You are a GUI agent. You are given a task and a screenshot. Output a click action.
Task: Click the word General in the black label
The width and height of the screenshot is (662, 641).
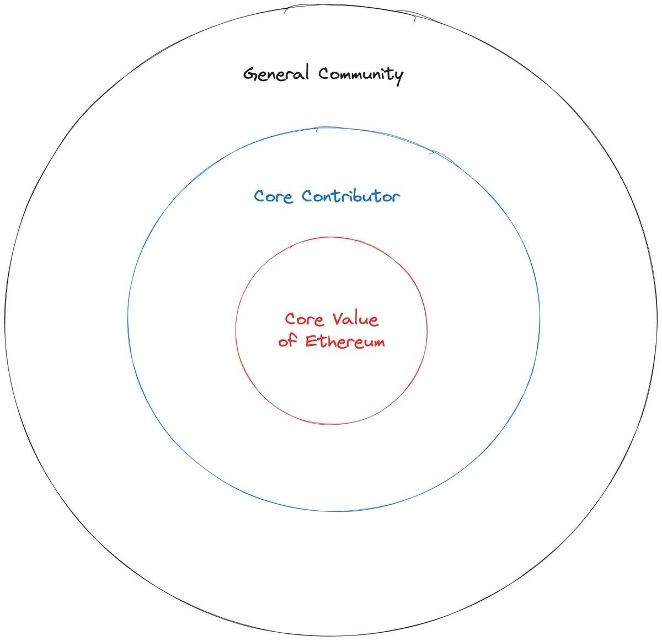(276, 73)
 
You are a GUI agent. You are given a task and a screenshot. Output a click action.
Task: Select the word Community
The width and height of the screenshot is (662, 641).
(361, 75)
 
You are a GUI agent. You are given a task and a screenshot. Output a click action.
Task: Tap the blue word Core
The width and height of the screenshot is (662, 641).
(273, 196)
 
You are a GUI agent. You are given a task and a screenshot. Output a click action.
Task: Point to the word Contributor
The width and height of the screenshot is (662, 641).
(351, 196)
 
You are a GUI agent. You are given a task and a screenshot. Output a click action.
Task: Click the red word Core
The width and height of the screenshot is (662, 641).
(304, 319)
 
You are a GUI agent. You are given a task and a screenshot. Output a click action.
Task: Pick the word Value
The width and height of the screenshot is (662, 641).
(355, 319)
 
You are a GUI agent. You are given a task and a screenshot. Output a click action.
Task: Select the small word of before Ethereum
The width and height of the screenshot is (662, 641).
(287, 340)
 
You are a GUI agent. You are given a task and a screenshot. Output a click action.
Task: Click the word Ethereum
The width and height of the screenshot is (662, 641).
(345, 341)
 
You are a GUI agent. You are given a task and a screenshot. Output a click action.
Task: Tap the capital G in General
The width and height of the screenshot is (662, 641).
(250, 74)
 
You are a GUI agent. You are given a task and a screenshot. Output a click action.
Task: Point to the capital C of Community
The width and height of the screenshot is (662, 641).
(324, 73)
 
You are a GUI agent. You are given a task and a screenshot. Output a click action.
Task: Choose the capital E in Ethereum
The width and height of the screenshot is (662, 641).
(311, 341)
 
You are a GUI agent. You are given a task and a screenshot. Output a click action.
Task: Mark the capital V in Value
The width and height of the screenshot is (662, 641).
(339, 319)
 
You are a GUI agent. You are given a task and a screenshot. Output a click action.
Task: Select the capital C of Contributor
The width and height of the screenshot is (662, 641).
(308, 196)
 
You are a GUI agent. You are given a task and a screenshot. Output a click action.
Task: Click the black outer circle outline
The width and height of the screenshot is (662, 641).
(5, 320)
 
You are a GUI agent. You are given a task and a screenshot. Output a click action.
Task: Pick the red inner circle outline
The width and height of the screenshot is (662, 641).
(236, 330)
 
